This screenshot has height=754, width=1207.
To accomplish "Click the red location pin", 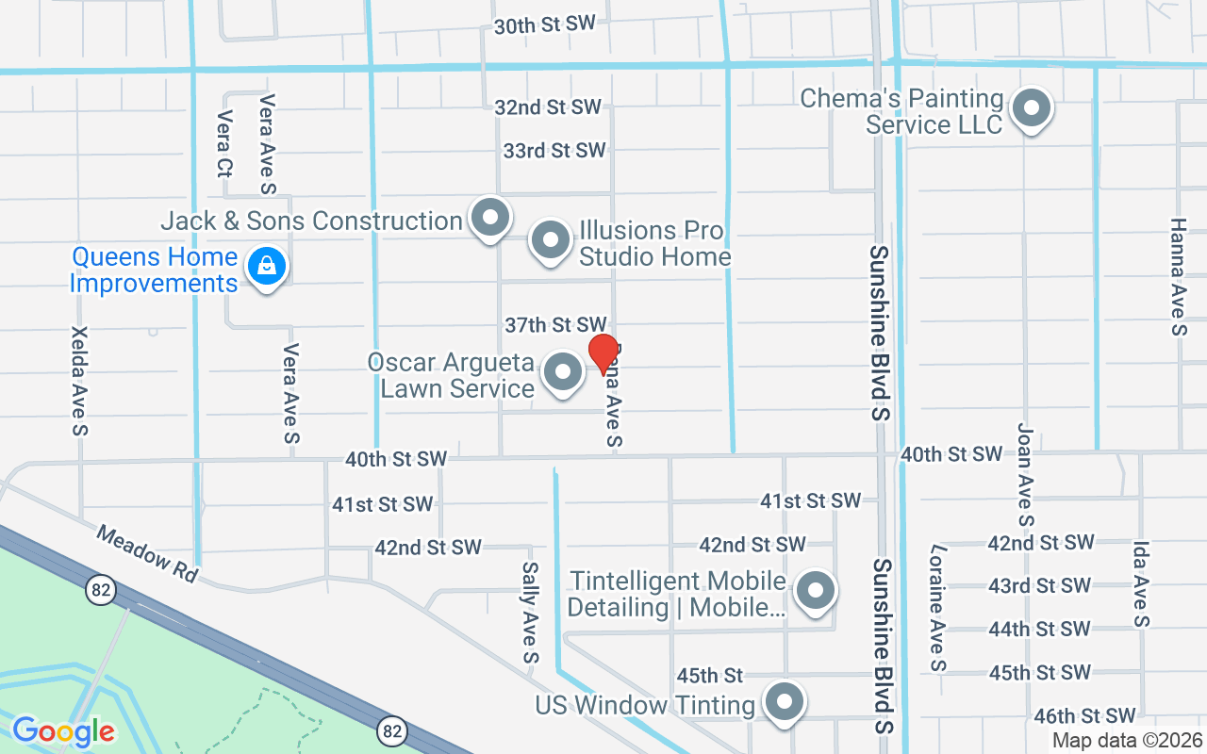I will pos(603,353).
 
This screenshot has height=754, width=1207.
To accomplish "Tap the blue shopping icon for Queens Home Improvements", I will pos(268,268).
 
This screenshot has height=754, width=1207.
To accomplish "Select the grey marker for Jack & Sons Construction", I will pos(489,219).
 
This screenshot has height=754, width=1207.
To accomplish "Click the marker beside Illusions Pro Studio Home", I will pos(551,241).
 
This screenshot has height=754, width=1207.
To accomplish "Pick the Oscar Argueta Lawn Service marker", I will pos(564,373).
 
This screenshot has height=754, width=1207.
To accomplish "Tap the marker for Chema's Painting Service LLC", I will pos(1032,109).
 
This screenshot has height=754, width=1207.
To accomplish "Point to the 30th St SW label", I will pos(545,25).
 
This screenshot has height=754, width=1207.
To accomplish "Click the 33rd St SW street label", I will pos(554,151).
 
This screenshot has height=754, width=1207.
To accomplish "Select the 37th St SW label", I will pos(555,325).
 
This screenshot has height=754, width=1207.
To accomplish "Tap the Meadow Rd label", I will pos(146,554).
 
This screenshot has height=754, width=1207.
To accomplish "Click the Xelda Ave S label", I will pos(79,382).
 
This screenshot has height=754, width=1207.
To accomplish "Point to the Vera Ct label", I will pos(224,144).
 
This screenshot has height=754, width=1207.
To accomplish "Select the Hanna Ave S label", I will pos(1179,277).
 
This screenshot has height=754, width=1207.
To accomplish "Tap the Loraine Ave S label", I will pos(938,608).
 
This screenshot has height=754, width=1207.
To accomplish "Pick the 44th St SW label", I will pos(1039,629).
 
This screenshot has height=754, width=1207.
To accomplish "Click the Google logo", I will pos(63,730).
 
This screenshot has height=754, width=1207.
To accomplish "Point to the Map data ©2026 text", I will pos(1127,741).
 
